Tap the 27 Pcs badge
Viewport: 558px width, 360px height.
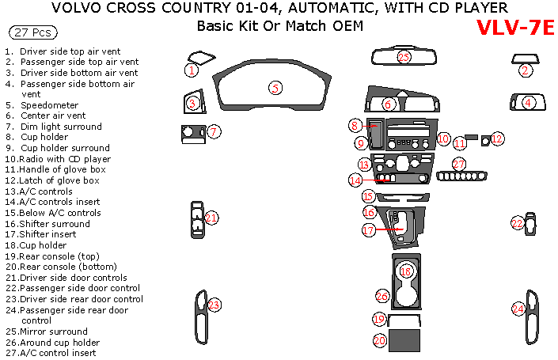[x=31, y=32]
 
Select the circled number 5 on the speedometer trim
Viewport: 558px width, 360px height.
[x=275, y=88]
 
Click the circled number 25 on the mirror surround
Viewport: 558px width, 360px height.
[x=404, y=57]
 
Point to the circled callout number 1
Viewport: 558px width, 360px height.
[x=192, y=70]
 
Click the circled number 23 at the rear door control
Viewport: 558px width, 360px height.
[x=214, y=305]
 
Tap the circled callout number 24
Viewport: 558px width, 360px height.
[x=518, y=309]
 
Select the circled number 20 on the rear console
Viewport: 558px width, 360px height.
[x=380, y=340]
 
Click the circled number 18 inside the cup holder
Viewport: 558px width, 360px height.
[x=406, y=271]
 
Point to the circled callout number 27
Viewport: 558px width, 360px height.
[x=458, y=164]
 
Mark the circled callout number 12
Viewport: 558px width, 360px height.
[x=497, y=139]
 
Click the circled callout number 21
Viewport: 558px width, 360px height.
[x=211, y=218]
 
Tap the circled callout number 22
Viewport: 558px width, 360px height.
[x=517, y=224]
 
